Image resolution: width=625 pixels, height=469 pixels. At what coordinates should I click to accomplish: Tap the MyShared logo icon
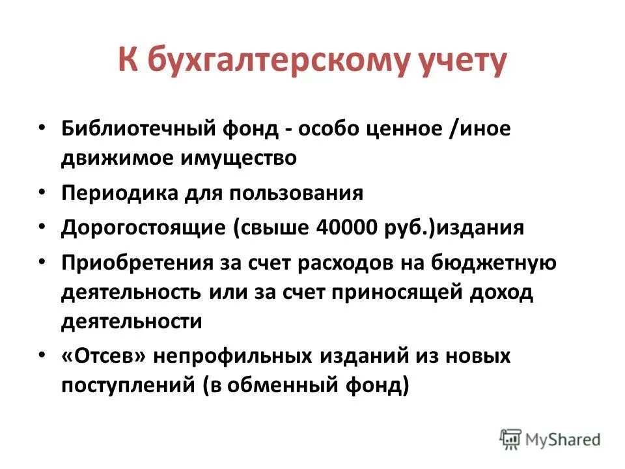click(x=510, y=439)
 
